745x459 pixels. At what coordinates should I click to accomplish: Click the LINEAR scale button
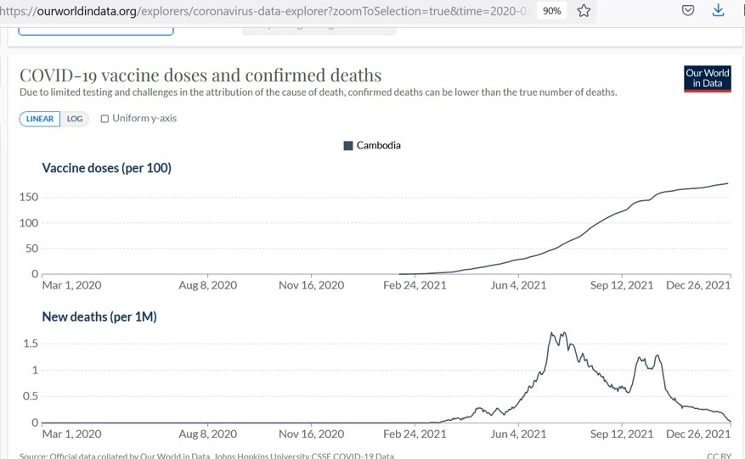[40, 119]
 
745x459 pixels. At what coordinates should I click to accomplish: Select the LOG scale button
[75, 119]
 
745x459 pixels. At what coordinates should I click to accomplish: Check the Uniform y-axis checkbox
[105, 119]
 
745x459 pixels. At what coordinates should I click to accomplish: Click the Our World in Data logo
[707, 78]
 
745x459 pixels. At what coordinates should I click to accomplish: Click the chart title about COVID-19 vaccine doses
[200, 76]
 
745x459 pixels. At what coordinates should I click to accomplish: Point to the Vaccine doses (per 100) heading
[107, 168]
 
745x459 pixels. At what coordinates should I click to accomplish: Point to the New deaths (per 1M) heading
[99, 316]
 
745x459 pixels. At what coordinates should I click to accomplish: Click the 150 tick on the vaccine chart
[29, 197]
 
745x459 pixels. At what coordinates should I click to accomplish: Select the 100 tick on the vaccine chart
[29, 222]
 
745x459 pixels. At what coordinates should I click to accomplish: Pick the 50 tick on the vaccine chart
[31, 248]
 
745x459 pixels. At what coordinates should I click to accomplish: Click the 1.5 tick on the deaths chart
[31, 344]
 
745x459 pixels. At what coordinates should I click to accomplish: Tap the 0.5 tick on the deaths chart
[31, 396]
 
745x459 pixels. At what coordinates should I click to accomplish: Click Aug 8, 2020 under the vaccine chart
[208, 285]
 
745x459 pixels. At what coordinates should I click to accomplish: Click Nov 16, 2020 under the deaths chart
[312, 434]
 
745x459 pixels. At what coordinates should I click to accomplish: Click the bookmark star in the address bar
[584, 11]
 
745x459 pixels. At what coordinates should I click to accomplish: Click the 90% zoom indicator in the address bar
[551, 11]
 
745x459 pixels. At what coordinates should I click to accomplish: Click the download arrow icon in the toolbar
[719, 10]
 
